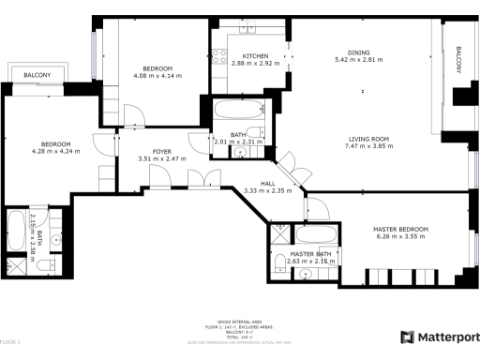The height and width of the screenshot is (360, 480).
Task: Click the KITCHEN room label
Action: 250,55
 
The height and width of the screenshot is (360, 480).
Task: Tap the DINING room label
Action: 358,52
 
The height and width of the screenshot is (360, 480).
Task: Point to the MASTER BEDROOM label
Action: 401,230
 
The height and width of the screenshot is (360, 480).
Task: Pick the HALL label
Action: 269,184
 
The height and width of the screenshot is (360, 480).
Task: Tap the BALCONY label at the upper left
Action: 37,74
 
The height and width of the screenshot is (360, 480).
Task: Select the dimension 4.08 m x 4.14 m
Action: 157,76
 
